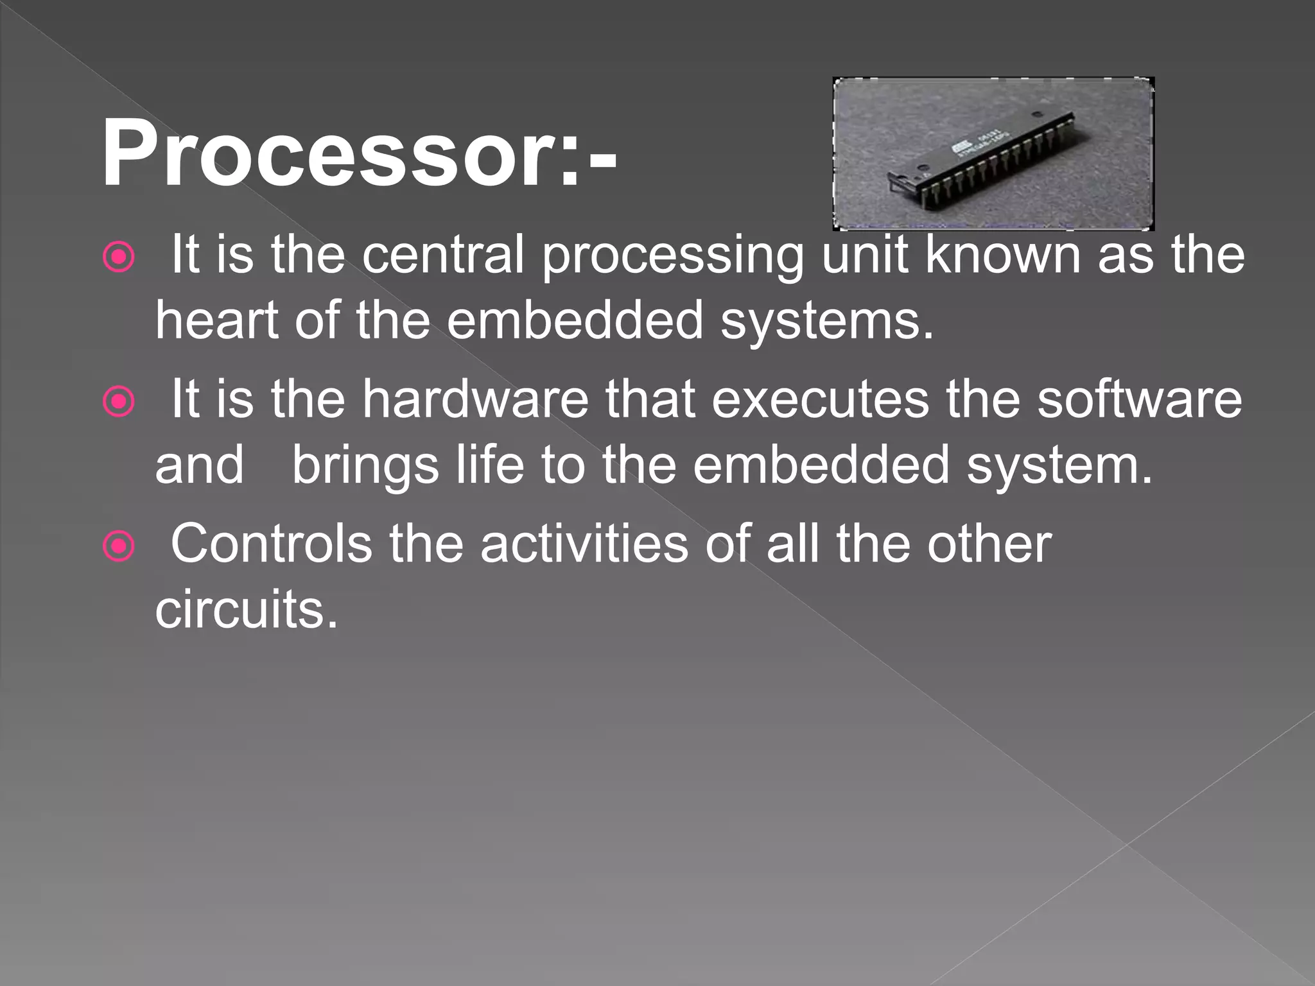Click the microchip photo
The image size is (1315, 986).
tap(993, 153)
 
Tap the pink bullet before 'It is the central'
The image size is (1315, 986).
tap(119, 257)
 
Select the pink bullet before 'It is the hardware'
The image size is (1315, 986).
tap(119, 402)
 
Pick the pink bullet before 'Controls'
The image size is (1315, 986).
tap(119, 546)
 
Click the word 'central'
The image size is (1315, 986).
tap(443, 255)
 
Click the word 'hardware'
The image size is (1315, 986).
tap(475, 399)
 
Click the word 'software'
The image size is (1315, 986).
tap(1140, 399)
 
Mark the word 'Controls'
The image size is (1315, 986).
tap(271, 544)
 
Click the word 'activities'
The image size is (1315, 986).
tap(584, 544)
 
